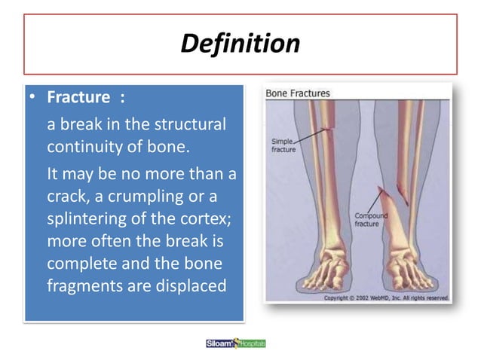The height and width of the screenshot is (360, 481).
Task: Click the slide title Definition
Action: pos(240,44)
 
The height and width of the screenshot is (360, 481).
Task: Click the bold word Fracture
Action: pos(79,99)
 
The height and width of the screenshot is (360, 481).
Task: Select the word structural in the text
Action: pos(191,124)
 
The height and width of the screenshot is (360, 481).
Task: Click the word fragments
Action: pos(81,286)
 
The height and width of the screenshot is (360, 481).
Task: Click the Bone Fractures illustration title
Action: pos(298,93)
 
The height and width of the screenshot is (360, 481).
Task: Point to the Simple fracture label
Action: pos(284,145)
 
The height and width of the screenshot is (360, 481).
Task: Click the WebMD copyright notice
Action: pos(385,297)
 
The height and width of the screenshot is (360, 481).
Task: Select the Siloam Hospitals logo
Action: pos(236,343)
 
